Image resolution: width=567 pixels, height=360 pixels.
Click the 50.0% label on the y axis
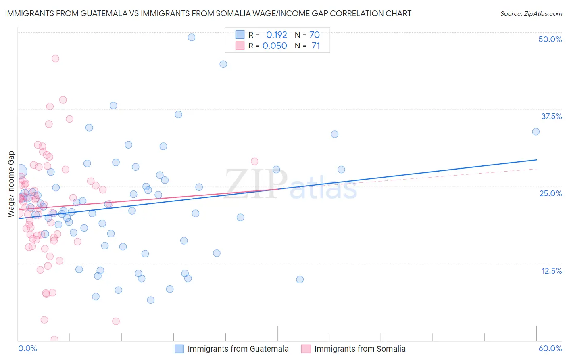[550, 39]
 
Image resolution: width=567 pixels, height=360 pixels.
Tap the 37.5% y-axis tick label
[551, 116]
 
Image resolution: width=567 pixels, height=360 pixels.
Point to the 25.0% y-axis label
[550, 193]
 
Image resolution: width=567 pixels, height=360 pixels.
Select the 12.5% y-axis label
[551, 271]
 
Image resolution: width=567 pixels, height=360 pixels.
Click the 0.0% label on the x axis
[27, 348]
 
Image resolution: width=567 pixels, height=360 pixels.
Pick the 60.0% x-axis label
[550, 348]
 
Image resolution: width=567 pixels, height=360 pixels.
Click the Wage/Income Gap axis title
[11, 184]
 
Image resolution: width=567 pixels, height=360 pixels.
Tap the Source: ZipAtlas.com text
[531, 13]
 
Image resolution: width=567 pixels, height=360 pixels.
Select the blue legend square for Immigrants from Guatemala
[179, 349]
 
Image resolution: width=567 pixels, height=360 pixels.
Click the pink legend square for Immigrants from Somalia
[306, 349]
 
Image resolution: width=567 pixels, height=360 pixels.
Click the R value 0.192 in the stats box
[276, 35]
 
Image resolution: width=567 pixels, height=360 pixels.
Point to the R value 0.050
[275, 46]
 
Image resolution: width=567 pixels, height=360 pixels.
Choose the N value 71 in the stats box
[316, 46]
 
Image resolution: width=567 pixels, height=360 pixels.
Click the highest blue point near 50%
[192, 37]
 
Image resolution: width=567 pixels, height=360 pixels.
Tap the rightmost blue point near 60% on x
[536, 132]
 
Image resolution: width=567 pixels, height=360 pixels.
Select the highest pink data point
[55, 59]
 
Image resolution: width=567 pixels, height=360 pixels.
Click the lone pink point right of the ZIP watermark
[254, 161]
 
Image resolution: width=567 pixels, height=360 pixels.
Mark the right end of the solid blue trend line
[537, 160]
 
